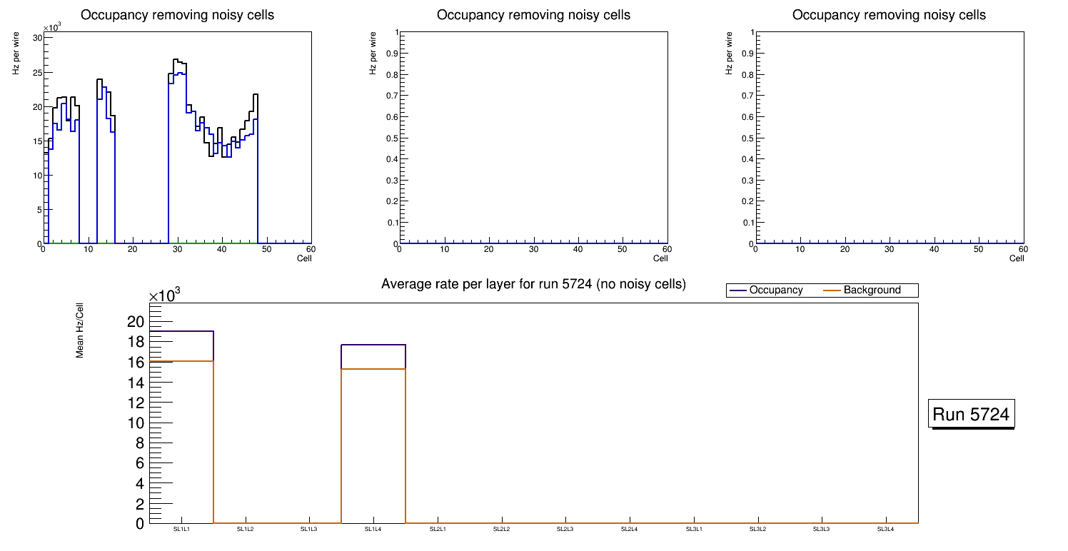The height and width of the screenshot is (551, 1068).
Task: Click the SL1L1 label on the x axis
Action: pyautogui.click(x=181, y=529)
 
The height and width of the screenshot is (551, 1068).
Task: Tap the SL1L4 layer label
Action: pyautogui.click(x=373, y=529)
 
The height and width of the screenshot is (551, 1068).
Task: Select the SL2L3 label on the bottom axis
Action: pyautogui.click(x=565, y=529)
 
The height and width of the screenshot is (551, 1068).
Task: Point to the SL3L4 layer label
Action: pyautogui.click(x=885, y=529)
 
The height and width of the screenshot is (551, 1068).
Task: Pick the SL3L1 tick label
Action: pyautogui.click(x=694, y=529)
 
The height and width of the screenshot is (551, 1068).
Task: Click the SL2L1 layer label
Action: pyautogui.click(x=438, y=529)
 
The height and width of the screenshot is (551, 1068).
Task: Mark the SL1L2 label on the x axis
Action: pyautogui.click(x=246, y=529)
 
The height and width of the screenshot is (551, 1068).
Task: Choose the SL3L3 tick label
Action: pyautogui.click(x=822, y=529)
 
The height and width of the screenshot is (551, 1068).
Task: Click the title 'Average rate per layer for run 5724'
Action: pyautogui.click(x=533, y=284)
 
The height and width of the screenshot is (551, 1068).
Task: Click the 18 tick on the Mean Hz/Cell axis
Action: pyautogui.click(x=136, y=342)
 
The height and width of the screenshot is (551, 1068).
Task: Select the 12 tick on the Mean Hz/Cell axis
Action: pyautogui.click(x=136, y=403)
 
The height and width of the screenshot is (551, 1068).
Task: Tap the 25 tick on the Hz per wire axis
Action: pyautogui.click(x=36, y=73)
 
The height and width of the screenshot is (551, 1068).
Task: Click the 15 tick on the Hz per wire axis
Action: pyautogui.click(x=36, y=141)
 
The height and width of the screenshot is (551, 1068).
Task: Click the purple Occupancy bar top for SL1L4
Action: pyautogui.click(x=373, y=345)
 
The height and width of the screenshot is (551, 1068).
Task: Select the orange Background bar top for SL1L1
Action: pyautogui.click(x=181, y=361)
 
